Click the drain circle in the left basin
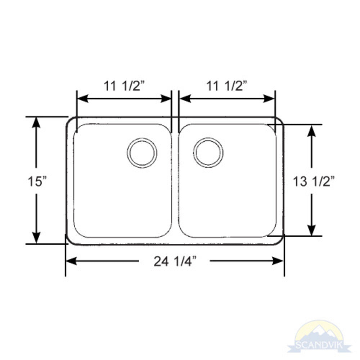(142, 153)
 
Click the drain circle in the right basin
(208, 153)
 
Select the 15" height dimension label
(37, 181)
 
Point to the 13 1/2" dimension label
(314, 181)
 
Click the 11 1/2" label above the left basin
(124, 86)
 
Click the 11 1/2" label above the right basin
(227, 86)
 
